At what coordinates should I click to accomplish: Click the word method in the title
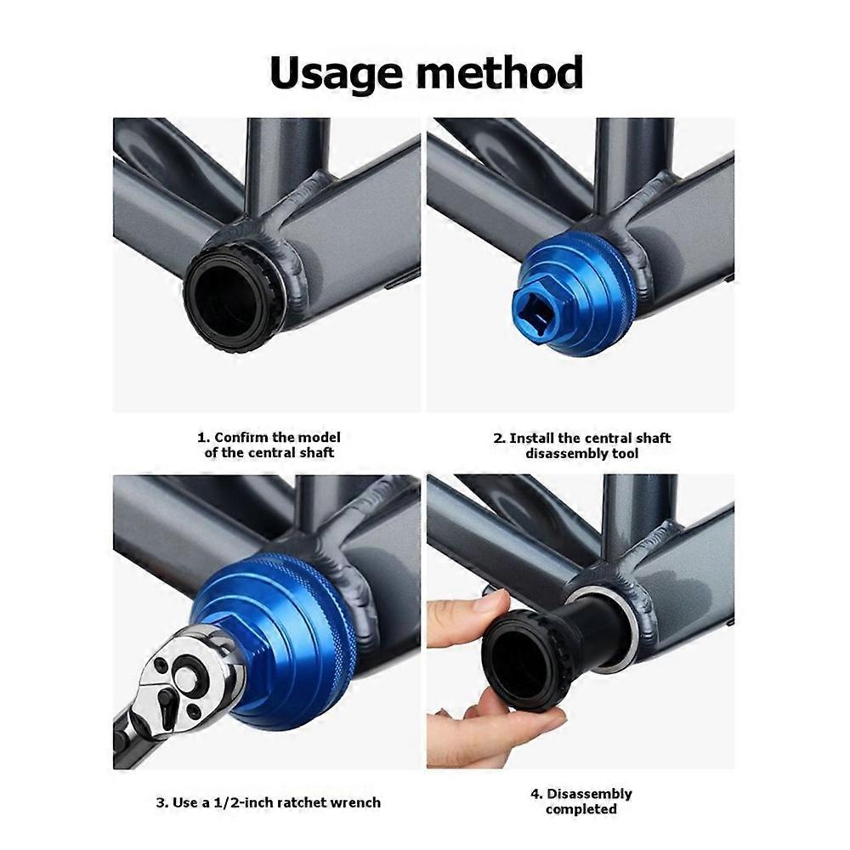[x=493, y=72]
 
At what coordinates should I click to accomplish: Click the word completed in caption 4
[x=581, y=809]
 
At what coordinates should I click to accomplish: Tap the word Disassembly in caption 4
[x=589, y=795]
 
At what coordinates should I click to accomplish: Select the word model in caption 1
[x=320, y=438]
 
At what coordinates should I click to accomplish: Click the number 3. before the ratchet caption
[x=162, y=803]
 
